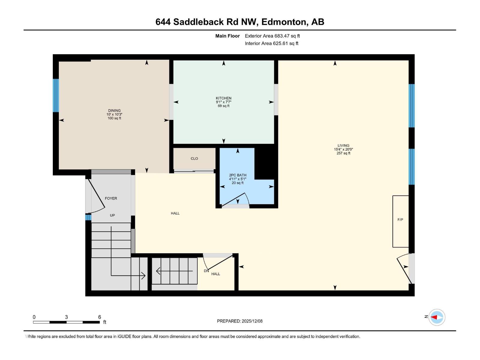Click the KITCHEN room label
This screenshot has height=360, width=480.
[x=223, y=98]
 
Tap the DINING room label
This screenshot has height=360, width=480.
[x=114, y=110]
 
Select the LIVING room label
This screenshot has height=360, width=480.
[x=343, y=145]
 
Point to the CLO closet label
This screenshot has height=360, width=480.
[x=194, y=158]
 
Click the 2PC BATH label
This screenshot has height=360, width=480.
[x=238, y=175]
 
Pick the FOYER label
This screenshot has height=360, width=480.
[x=111, y=198]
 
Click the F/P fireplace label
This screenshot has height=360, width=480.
[x=400, y=220]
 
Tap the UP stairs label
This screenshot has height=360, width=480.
[x=112, y=215]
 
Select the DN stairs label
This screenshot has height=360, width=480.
[x=206, y=271]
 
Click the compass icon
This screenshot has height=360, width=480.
[x=436, y=317]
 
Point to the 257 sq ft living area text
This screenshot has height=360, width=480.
[x=343, y=153]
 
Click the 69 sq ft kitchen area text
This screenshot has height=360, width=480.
[x=223, y=106]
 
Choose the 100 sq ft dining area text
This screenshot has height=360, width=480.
[x=114, y=118]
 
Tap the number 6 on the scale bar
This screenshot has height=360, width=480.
[x=100, y=317]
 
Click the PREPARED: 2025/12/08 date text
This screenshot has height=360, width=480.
[x=240, y=321]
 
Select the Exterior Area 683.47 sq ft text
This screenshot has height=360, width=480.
[x=272, y=36]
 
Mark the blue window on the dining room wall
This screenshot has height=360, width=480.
[x=56, y=95]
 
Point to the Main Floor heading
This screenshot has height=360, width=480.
[x=227, y=36]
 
